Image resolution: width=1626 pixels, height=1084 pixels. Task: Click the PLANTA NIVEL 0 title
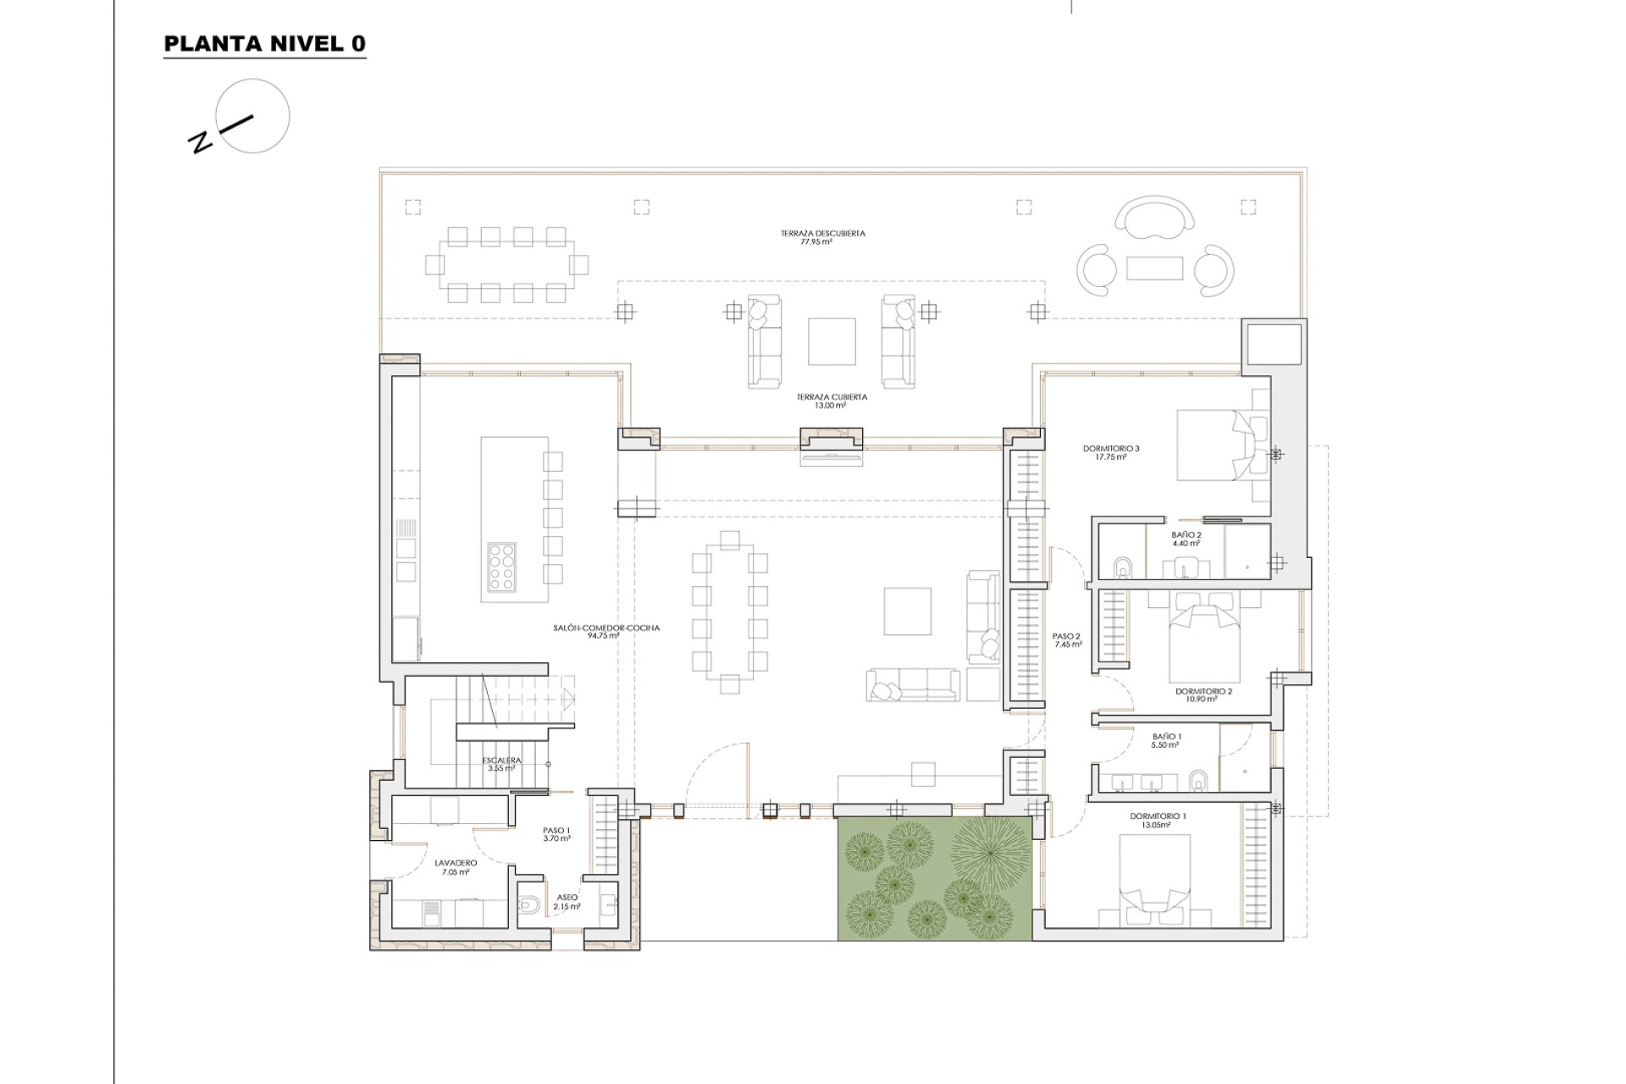click(264, 45)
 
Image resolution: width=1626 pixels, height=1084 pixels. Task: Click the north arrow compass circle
click(252, 117)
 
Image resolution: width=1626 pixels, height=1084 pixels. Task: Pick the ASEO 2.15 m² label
click(567, 902)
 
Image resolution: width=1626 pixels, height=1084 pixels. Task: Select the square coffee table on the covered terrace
click(831, 341)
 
